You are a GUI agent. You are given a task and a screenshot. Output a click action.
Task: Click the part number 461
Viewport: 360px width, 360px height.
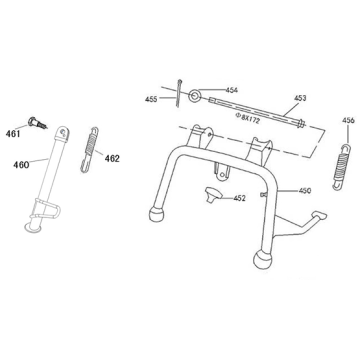[13, 133]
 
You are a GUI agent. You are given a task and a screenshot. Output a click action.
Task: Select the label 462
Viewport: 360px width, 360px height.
[112, 157]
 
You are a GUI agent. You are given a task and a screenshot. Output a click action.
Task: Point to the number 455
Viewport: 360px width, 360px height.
[151, 100]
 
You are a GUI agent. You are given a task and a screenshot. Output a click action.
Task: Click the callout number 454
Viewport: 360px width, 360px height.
[232, 90]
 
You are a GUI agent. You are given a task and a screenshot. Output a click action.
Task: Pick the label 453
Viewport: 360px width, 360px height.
[299, 99]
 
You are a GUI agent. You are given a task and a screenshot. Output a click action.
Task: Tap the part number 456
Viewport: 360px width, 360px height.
[347, 121]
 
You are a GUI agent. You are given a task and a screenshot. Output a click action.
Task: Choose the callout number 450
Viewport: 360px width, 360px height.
[306, 190]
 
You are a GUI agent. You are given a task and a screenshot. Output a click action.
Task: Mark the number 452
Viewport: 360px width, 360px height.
[240, 198]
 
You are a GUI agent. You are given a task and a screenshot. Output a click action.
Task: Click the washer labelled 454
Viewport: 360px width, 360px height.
[188, 96]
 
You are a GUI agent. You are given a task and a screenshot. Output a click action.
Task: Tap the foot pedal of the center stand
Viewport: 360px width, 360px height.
[318, 216]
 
